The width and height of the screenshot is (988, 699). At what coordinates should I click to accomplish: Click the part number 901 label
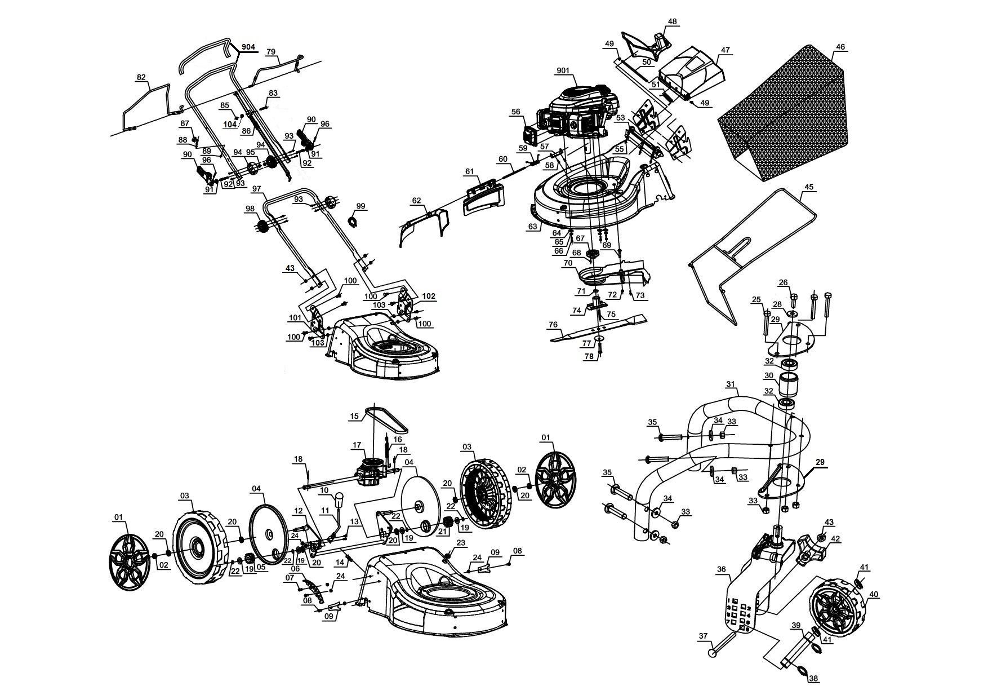pos(563,70)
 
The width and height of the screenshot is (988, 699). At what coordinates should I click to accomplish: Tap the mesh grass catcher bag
pos(789,118)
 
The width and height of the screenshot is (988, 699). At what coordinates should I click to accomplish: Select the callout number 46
pos(840,47)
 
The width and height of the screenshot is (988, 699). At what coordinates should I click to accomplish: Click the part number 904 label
pos(248,47)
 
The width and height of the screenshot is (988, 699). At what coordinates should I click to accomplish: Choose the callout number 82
pos(141,78)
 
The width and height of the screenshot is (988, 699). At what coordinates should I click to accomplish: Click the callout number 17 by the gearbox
pos(357,445)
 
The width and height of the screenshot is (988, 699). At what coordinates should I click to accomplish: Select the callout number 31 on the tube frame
pos(731,384)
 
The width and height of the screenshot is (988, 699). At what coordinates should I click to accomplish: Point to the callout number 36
pos(721,570)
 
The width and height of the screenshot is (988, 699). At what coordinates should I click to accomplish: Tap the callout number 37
pos(703,636)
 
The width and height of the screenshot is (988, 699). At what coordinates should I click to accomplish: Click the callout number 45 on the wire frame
pos(809,187)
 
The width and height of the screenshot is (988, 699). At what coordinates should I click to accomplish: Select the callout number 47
pos(725,50)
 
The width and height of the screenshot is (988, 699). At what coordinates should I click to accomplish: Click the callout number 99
pos(361,206)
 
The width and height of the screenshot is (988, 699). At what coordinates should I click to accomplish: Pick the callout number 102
pos(429,296)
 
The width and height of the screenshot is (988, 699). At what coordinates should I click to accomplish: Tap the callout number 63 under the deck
pos(532,227)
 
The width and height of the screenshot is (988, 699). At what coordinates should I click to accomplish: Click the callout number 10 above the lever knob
pos(324,490)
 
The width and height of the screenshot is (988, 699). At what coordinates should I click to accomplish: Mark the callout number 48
pos(672,21)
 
